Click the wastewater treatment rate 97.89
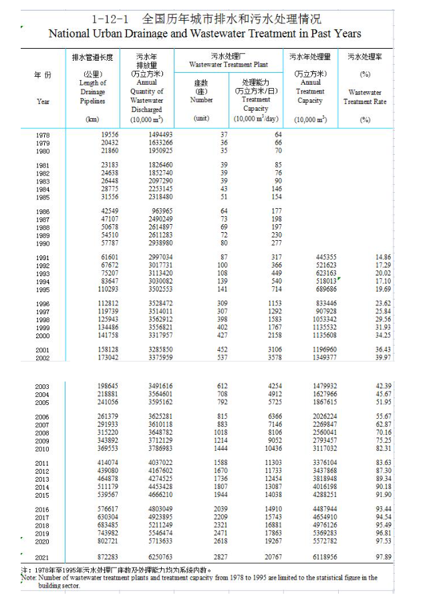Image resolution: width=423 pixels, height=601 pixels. click(383, 557)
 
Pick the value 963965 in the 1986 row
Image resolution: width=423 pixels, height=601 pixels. click(160, 211)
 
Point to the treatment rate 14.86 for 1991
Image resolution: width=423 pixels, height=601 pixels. click(383, 257)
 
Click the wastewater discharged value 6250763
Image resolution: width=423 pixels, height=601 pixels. click(159, 557)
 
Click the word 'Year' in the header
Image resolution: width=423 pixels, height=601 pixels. click(43, 101)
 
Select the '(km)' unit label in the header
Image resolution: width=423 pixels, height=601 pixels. click(93, 119)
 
